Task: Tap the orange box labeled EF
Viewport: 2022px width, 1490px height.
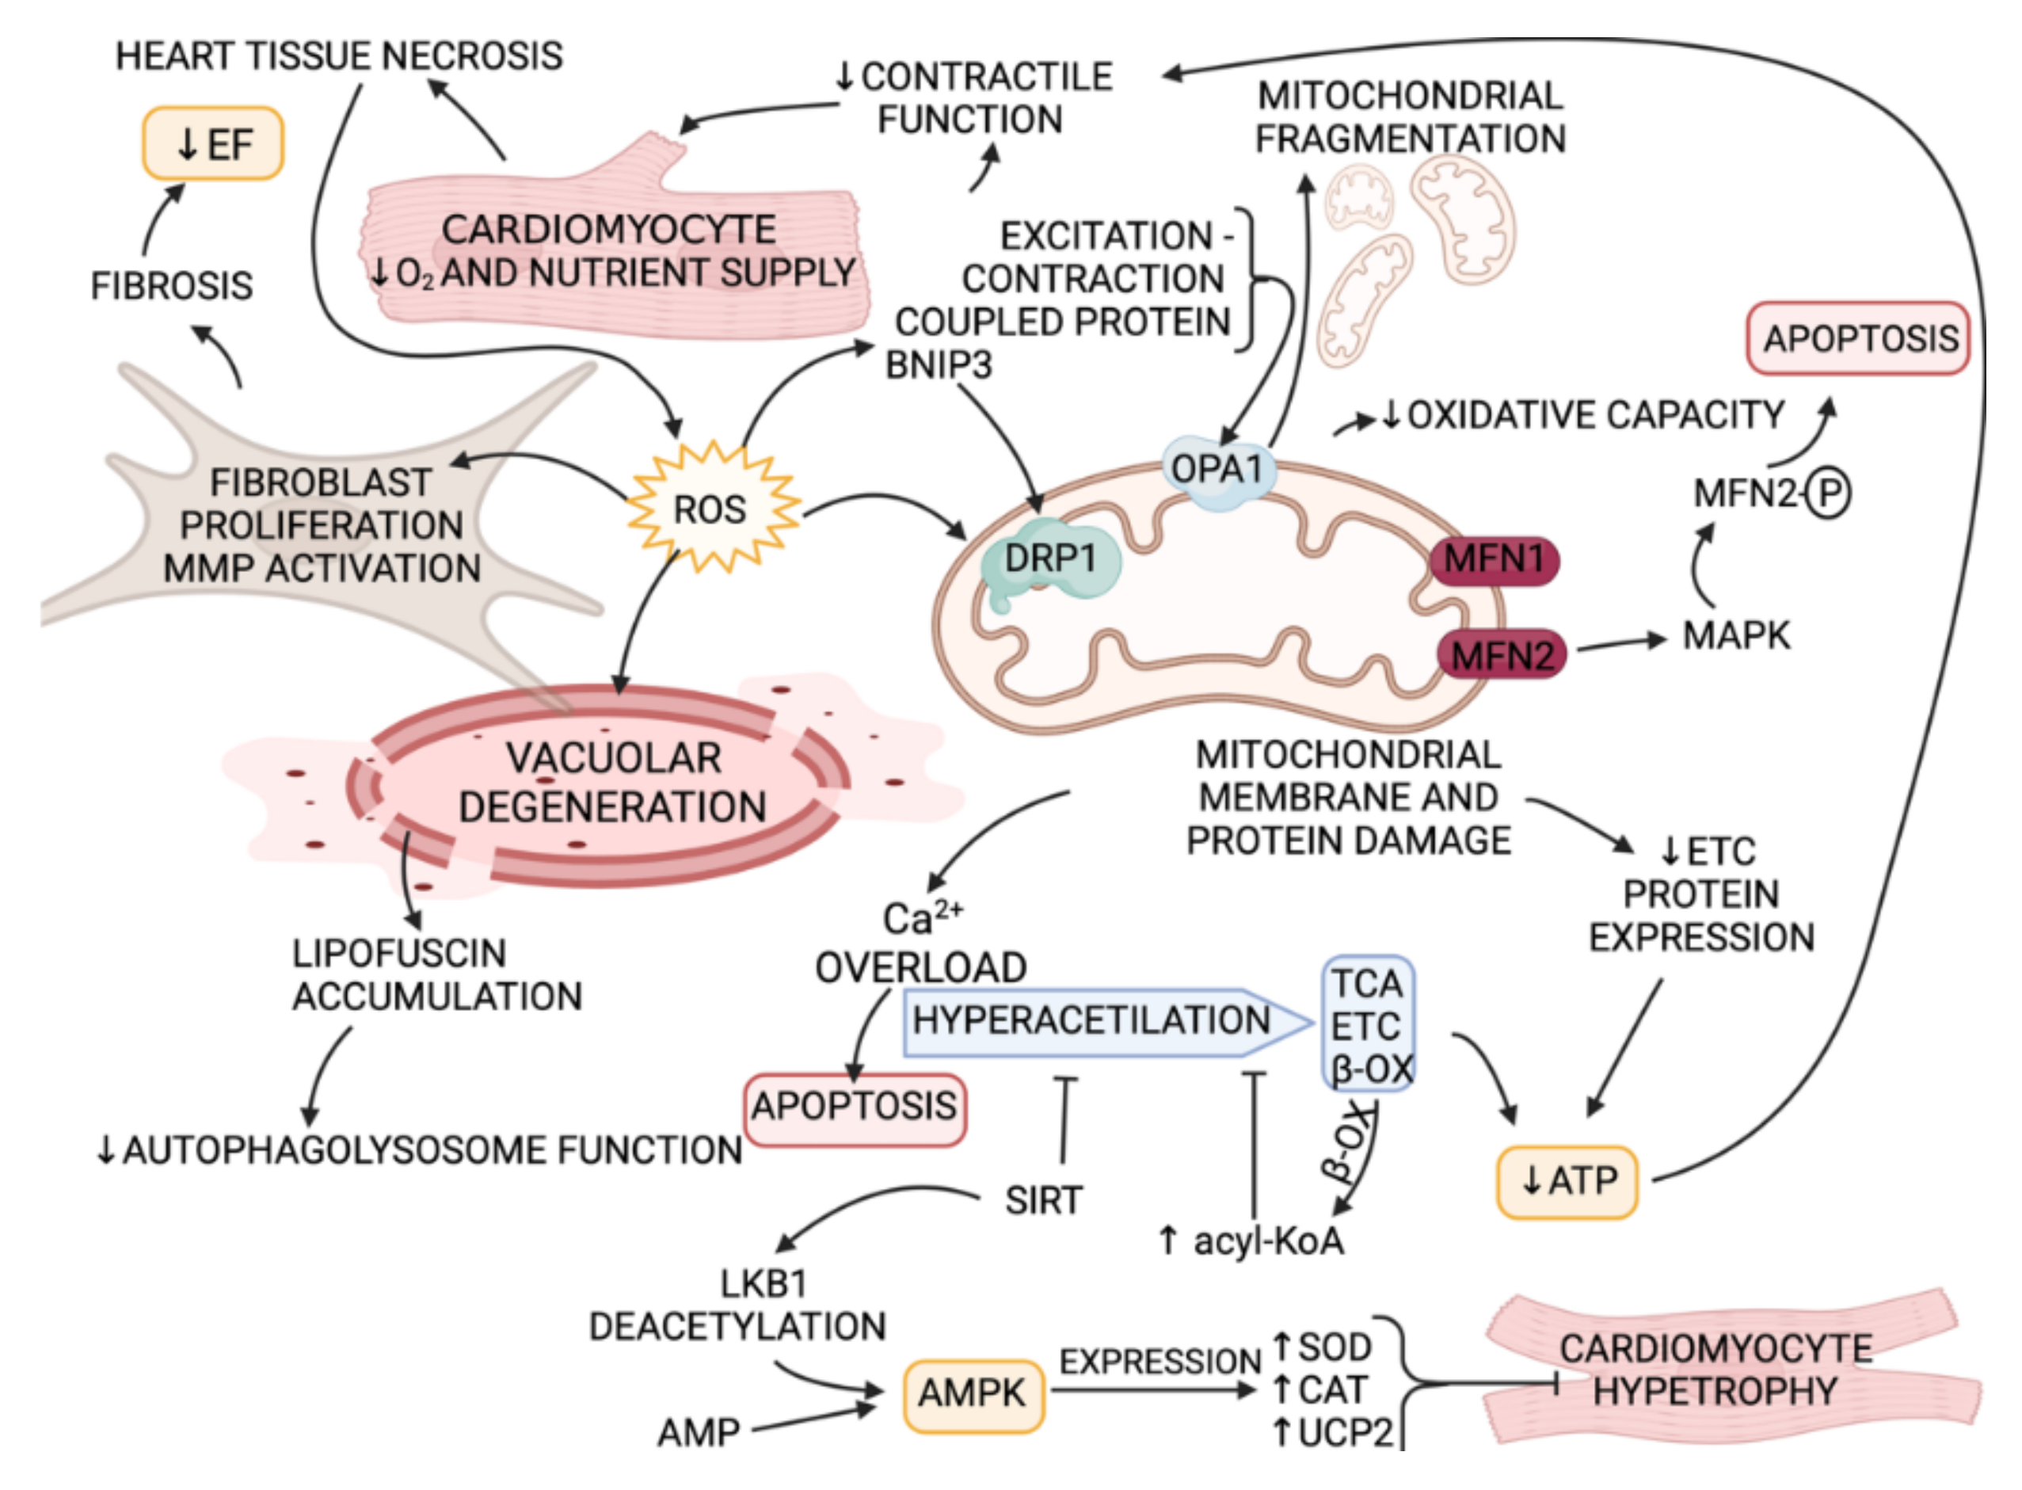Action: point(214,144)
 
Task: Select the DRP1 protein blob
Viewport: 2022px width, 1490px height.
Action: point(1049,559)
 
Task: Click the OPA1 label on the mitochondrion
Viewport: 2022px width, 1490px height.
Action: point(1217,469)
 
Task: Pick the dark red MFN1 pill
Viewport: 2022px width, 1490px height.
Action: point(1494,559)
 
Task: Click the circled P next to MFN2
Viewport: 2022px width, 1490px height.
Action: point(1829,493)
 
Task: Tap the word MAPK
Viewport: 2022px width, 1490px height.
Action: point(1735,636)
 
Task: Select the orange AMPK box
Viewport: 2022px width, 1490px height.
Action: point(973,1393)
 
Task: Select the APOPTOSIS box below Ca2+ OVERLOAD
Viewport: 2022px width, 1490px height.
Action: point(854,1107)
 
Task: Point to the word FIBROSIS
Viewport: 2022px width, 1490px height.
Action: point(171,286)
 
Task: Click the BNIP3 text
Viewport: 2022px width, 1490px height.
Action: point(938,365)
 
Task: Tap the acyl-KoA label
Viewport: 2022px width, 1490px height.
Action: point(1267,1242)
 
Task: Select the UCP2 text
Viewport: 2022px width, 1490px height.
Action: point(1345,1432)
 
